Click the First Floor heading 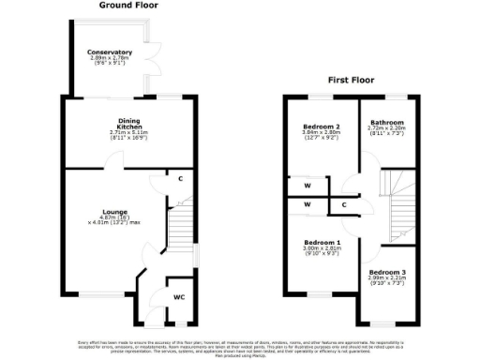[352, 81]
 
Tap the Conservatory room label [110, 52]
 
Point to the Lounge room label [115, 212]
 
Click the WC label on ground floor [178, 297]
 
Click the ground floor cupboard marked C [179, 177]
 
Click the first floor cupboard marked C [344, 204]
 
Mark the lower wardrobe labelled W [307, 204]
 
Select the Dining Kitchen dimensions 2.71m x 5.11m [128, 133]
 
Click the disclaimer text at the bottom [240, 347]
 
